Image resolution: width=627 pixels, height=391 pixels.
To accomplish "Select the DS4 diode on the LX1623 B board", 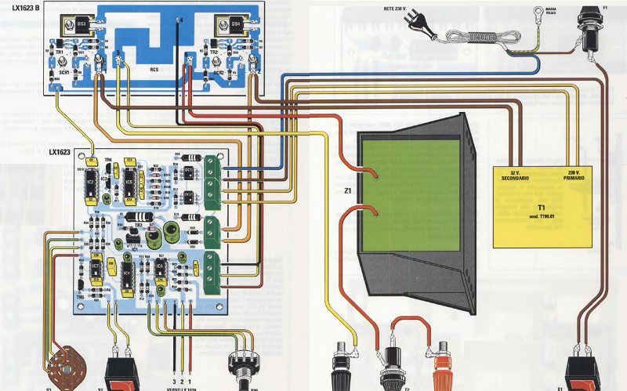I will (x=237, y=26).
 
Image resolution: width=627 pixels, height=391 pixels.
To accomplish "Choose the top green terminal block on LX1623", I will (x=212, y=164).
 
